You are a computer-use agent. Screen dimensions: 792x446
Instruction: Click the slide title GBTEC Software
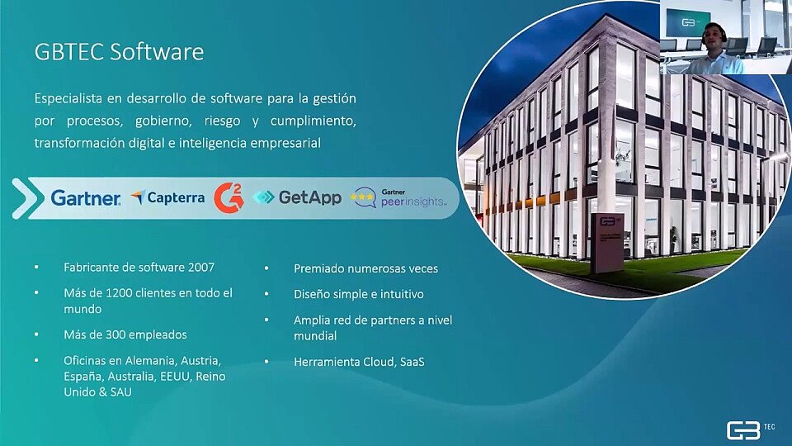(119, 52)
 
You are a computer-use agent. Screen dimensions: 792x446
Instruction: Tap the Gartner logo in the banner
(86, 197)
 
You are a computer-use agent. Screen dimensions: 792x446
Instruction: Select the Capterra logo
(167, 197)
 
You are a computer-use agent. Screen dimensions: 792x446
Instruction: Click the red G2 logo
(229, 197)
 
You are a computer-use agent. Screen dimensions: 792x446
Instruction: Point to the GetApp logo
(297, 197)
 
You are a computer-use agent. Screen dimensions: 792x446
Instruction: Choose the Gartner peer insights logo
(399, 198)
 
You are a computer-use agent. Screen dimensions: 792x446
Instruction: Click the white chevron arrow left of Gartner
(25, 198)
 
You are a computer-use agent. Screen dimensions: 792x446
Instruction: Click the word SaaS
(412, 362)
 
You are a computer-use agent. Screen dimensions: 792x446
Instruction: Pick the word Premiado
(318, 268)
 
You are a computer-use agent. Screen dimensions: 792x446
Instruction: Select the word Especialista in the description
(68, 98)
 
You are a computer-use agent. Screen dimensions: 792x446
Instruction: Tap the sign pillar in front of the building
(608, 243)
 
